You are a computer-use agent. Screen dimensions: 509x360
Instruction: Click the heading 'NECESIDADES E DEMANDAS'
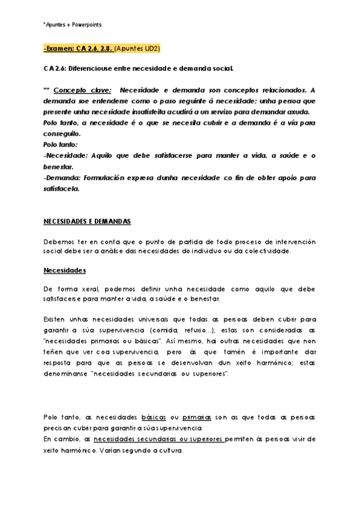[87, 221]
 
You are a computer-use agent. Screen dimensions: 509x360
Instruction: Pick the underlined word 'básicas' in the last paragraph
[154, 417]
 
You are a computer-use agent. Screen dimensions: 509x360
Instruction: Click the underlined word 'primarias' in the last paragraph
[197, 417]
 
